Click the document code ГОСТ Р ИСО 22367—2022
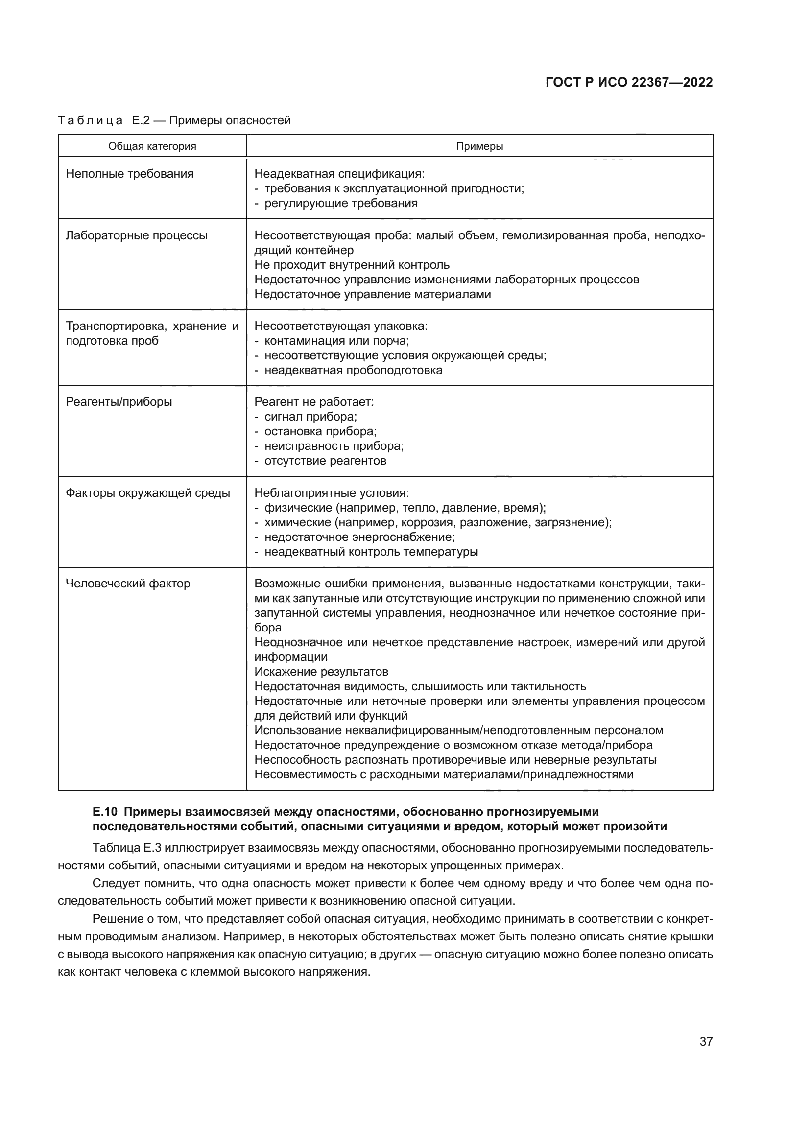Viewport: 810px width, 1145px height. pyautogui.click(x=629, y=82)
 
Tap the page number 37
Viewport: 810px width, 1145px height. pyautogui.click(x=706, y=1041)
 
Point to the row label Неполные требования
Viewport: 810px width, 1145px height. pyautogui.click(x=130, y=174)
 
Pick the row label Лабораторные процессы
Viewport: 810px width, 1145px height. pyautogui.click(x=137, y=235)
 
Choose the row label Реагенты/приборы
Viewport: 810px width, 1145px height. pyautogui.click(x=119, y=402)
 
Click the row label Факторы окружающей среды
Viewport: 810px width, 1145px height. pyautogui.click(x=148, y=493)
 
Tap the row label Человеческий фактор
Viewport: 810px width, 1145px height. pyautogui.click(x=128, y=584)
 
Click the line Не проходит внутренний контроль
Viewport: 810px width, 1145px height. pyautogui.click(x=352, y=265)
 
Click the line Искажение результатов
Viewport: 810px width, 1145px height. pyautogui.click(x=321, y=672)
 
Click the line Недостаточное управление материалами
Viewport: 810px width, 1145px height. pyautogui.click(x=373, y=294)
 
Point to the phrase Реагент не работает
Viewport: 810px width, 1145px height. pyautogui.click(x=314, y=402)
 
